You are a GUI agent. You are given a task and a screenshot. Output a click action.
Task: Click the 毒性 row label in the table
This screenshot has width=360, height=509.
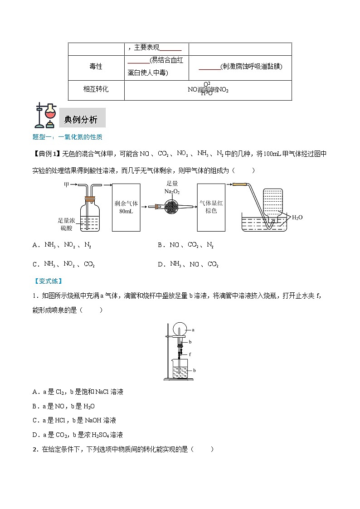pos(96,67)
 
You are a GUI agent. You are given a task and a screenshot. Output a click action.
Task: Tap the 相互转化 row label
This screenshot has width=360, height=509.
pos(96,89)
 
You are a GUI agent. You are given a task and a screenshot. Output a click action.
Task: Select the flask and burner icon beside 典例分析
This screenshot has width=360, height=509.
pos(45,116)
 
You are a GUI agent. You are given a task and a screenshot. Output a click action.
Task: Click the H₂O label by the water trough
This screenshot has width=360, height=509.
pos(297,218)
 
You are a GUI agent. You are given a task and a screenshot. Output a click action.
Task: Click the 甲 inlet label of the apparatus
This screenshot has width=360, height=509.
pos(67,184)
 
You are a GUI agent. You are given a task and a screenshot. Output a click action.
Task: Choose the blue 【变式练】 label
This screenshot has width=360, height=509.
pos(48,281)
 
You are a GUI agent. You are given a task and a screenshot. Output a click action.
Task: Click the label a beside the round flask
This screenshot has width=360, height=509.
pos(193,330)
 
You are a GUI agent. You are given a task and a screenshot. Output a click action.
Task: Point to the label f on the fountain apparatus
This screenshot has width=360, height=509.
pos(190,354)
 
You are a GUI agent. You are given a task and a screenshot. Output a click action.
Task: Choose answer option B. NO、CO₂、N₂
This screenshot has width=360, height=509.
pos(185,245)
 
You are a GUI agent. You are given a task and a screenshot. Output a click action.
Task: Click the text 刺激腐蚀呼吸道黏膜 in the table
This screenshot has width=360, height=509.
pos(251,67)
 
